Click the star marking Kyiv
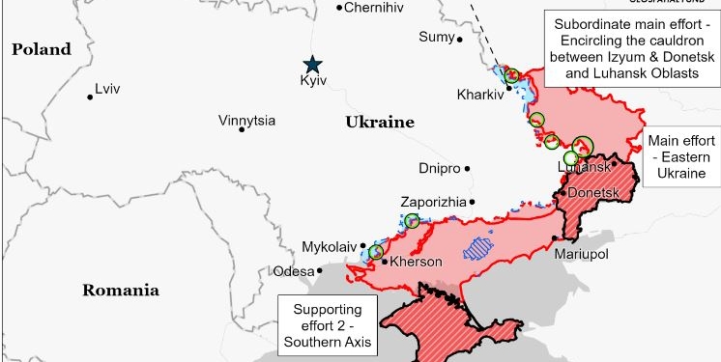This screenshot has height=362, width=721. pyautogui.click(x=312, y=65)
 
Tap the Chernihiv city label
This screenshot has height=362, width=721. pyautogui.click(x=373, y=8)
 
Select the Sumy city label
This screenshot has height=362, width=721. pyautogui.click(x=435, y=37)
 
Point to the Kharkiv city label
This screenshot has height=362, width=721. pyautogui.click(x=480, y=95)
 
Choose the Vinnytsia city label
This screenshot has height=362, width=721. pyautogui.click(x=246, y=121)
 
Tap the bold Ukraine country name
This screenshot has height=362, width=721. pyautogui.click(x=379, y=123)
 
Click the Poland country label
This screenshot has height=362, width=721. pyautogui.click(x=41, y=49)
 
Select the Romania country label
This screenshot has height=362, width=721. pyautogui.click(x=120, y=290)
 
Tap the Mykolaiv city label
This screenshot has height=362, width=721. pyautogui.click(x=330, y=245)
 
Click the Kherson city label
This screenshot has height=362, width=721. pyautogui.click(x=417, y=262)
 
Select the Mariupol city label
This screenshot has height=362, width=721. pyautogui.click(x=581, y=254)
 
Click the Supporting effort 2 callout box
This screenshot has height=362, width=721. pyautogui.click(x=328, y=324)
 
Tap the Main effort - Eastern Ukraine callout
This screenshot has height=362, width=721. pyautogui.click(x=683, y=156)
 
